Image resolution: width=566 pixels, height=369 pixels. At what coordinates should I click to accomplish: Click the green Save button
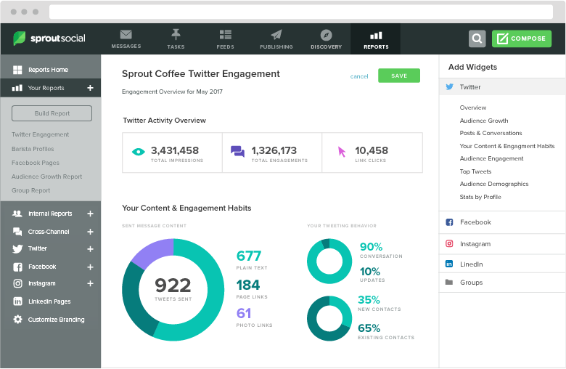pyautogui.click(x=398, y=76)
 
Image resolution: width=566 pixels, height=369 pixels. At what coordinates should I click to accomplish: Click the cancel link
pyautogui.click(x=359, y=76)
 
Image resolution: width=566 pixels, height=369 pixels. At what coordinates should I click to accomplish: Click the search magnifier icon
pyautogui.click(x=477, y=38)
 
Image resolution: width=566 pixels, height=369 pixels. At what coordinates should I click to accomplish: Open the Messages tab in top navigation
pyautogui.click(x=126, y=38)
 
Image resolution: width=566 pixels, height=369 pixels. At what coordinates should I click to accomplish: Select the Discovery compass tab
pyautogui.click(x=326, y=38)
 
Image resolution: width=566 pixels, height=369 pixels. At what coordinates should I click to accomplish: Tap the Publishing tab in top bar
pyautogui.click(x=276, y=38)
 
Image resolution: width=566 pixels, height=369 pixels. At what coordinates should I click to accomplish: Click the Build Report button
pyautogui.click(x=52, y=113)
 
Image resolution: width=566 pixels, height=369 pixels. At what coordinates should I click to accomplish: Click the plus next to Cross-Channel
pyautogui.click(x=90, y=232)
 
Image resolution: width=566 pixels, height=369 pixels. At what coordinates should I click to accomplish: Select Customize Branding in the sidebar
pyautogui.click(x=56, y=320)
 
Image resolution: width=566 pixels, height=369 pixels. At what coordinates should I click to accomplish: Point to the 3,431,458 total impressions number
pyautogui.click(x=174, y=150)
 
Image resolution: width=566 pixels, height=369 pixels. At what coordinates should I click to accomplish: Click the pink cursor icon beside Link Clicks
pyautogui.click(x=342, y=152)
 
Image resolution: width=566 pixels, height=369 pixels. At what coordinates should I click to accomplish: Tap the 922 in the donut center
pyautogui.click(x=173, y=285)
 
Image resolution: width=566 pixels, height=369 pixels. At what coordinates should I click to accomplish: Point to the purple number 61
pyautogui.click(x=244, y=313)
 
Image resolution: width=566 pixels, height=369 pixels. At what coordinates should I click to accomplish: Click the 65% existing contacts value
pyautogui.click(x=369, y=328)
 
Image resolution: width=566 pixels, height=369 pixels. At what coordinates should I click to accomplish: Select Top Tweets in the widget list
pyautogui.click(x=475, y=171)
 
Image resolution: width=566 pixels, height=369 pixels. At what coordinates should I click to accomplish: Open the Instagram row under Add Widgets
pyautogui.click(x=475, y=244)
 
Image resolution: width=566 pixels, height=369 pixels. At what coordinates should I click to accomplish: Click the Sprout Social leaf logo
pyautogui.click(x=20, y=38)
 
